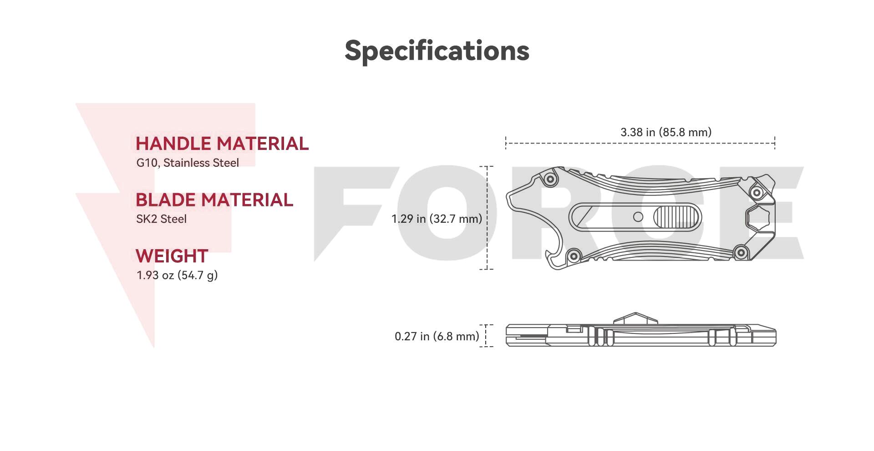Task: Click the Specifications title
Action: pyautogui.click(x=437, y=51)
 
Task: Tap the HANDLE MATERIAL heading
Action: pyautogui.click(x=222, y=143)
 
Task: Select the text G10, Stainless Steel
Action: pyautogui.click(x=188, y=163)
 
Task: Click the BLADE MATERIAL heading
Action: pyautogui.click(x=214, y=200)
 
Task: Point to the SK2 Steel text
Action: pyautogui.click(x=162, y=219)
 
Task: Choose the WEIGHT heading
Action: pyautogui.click(x=172, y=256)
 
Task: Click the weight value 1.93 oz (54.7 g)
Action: pyautogui.click(x=177, y=275)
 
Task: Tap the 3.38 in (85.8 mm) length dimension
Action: pyautogui.click(x=666, y=132)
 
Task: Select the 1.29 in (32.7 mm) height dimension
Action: pyautogui.click(x=437, y=219)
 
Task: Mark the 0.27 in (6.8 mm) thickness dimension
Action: pyautogui.click(x=437, y=336)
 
